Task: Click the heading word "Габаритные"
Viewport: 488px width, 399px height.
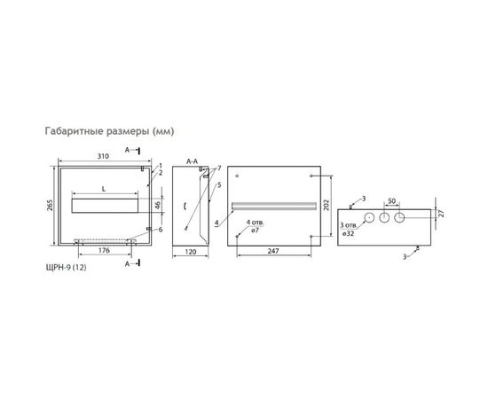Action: tap(75, 131)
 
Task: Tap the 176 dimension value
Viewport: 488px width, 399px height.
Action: tap(105, 251)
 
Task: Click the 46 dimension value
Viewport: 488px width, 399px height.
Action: tap(156, 206)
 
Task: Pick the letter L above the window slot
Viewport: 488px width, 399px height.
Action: tap(105, 190)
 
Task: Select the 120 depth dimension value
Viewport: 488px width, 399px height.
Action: tap(191, 252)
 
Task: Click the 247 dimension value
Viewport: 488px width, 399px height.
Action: tap(272, 252)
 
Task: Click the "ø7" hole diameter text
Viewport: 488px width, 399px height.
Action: tap(256, 231)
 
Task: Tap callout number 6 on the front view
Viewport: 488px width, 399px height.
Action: tap(161, 231)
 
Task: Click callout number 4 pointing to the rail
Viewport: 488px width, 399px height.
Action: tap(216, 223)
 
